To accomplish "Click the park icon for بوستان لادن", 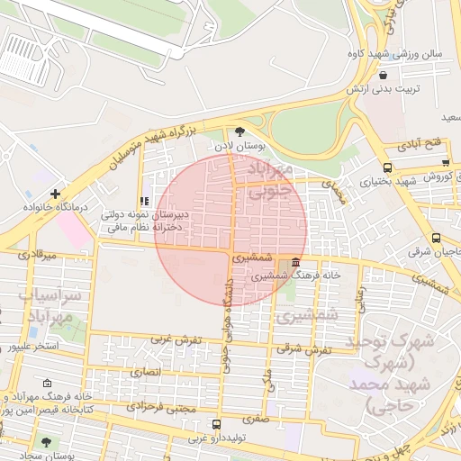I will point(240,131).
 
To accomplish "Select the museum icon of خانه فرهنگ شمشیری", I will point(296,262).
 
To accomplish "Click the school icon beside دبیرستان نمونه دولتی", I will point(145,201).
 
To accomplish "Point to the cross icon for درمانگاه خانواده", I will point(56,194).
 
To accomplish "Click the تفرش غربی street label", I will point(175,339).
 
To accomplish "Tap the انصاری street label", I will point(145,371).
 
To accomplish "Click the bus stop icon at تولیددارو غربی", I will point(215,424).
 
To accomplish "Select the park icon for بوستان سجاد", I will point(46,442).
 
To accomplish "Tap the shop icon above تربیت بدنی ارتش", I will point(384,76).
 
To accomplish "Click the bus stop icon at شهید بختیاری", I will point(387,167).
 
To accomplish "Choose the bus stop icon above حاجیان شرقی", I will point(436,239).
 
